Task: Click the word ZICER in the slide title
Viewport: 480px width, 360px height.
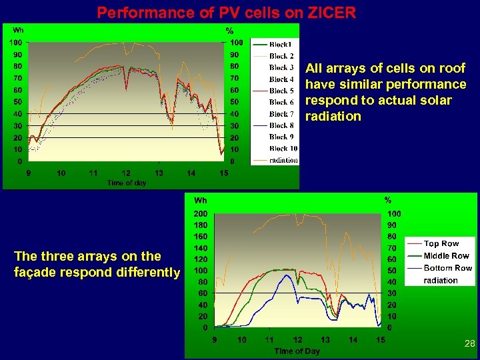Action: click(332, 13)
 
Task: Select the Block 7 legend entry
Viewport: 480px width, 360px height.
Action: click(281, 114)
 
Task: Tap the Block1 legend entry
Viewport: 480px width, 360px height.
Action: click(280, 44)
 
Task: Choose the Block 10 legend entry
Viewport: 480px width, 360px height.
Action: click(283, 149)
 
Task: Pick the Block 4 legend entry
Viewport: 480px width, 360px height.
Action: click(281, 79)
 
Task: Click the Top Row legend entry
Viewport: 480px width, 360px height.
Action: click(441, 244)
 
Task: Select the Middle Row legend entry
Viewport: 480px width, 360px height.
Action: click(446, 256)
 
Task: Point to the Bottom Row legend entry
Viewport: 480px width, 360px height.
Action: click(447, 268)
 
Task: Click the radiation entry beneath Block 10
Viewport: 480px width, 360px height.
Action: click(283, 161)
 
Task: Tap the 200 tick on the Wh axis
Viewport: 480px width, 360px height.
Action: click(201, 214)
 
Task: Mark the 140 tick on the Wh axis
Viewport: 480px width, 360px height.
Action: click(201, 248)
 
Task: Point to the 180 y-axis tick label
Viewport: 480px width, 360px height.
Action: click(201, 225)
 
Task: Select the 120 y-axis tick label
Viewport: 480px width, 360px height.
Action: click(201, 259)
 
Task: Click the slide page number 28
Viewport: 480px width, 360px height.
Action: click(469, 344)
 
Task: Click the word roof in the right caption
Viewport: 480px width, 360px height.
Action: click(451, 69)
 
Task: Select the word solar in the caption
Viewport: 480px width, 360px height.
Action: click(436, 101)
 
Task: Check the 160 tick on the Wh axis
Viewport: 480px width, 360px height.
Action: click(201, 237)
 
